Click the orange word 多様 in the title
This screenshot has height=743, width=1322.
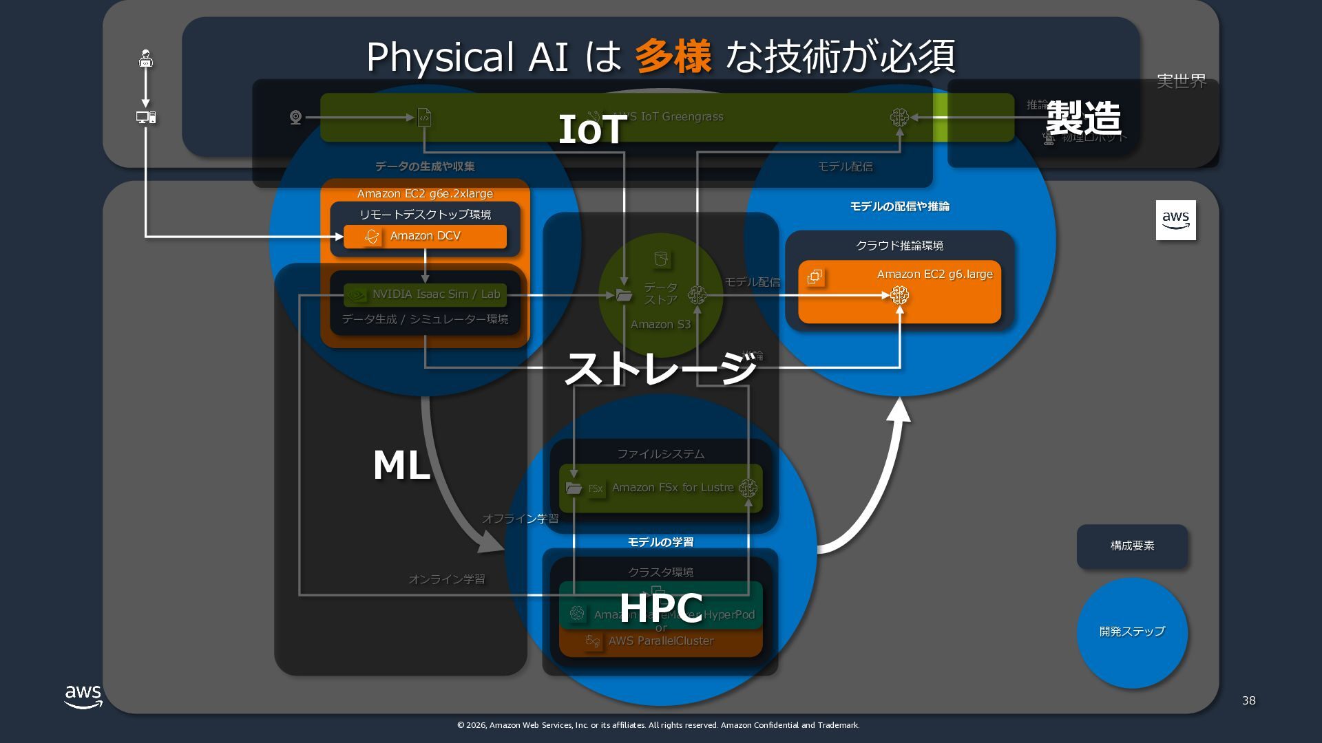click(x=672, y=56)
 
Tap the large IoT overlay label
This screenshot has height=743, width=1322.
click(x=591, y=129)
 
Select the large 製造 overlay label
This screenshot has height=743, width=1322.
click(x=1083, y=118)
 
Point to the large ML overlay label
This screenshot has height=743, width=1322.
click(x=401, y=465)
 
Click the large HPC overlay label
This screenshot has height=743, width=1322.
click(x=660, y=607)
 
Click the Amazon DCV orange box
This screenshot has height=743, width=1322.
click(x=425, y=236)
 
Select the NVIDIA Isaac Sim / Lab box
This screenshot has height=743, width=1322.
click(x=425, y=294)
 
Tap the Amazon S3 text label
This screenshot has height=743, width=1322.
click(x=660, y=325)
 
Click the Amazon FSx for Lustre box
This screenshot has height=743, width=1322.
click(x=660, y=488)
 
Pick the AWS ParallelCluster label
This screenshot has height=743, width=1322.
click(x=660, y=641)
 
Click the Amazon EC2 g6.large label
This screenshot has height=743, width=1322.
click(x=934, y=274)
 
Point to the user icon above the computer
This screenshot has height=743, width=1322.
click(x=145, y=58)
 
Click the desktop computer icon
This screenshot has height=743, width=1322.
click(x=145, y=118)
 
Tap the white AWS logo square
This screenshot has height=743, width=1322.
click(x=1175, y=220)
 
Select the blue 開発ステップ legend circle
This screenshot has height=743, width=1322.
click(x=1132, y=632)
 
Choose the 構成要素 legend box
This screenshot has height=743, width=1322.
click(x=1132, y=546)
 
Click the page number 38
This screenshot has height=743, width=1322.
click(x=1248, y=700)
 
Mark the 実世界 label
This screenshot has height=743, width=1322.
click(x=1181, y=81)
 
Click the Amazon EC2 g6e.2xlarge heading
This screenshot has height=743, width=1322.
click(x=425, y=194)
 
